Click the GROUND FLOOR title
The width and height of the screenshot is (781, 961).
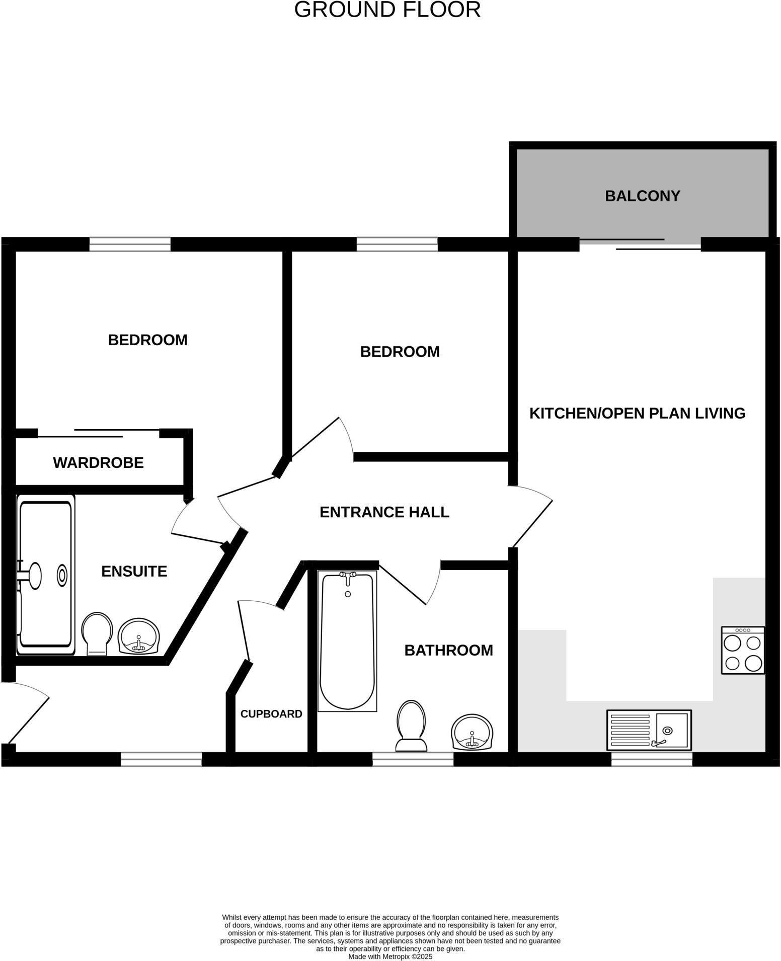(x=387, y=10)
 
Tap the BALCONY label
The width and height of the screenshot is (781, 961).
(x=642, y=196)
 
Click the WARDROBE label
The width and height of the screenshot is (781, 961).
(x=98, y=462)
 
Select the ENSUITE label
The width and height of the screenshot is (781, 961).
(x=134, y=571)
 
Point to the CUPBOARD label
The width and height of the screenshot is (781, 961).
(x=271, y=713)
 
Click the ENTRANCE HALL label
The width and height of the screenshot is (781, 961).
(x=384, y=512)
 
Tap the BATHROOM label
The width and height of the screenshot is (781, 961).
(x=448, y=650)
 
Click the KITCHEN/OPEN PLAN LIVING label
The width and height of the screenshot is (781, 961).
(x=637, y=413)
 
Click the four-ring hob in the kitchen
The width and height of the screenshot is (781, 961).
(x=743, y=650)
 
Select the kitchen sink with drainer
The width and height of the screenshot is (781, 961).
(x=649, y=730)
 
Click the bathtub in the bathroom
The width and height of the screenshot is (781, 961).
(x=347, y=642)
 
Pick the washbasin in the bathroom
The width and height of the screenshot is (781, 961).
(x=472, y=733)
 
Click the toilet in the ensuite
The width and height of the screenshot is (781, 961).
(x=97, y=633)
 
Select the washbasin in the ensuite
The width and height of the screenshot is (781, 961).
(x=139, y=636)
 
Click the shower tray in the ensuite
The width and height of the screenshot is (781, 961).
(x=45, y=575)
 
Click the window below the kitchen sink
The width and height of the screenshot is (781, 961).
(x=652, y=759)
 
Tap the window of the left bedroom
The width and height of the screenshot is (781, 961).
(x=130, y=245)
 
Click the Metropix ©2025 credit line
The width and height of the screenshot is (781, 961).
(x=390, y=956)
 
